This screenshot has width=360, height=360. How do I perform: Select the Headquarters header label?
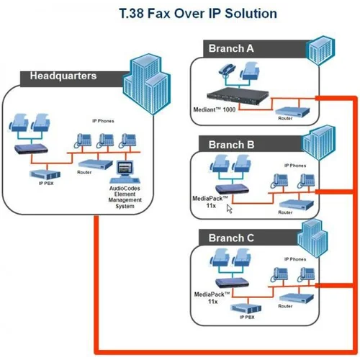[63, 76]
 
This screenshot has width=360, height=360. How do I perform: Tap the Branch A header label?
[231, 49]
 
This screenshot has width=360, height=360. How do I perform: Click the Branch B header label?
[231, 145]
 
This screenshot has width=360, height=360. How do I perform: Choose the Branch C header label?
[231, 238]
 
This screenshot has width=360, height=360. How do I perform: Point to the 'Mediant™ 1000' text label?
[214, 111]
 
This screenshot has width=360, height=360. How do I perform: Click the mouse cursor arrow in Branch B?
[230, 209]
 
